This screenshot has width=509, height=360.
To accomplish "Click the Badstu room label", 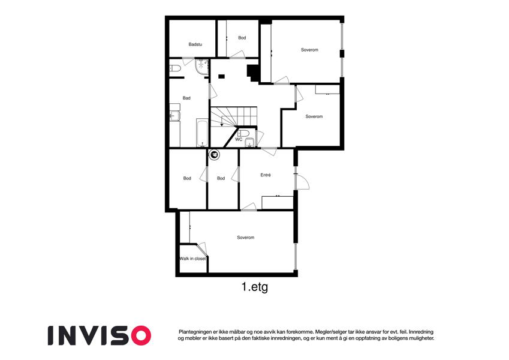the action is [x=195, y=44].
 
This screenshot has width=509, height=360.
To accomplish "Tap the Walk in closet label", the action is [x=193, y=259].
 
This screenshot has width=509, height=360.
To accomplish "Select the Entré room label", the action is [x=266, y=175].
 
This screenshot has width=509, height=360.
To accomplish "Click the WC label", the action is [x=239, y=139].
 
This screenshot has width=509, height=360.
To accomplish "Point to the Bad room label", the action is [x=186, y=98].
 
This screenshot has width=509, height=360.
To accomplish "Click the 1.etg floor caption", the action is [x=255, y=287].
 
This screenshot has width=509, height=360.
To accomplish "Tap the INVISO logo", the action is [x=100, y=335].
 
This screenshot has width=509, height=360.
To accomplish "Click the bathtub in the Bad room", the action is [x=202, y=133].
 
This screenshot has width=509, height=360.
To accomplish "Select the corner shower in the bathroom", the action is [x=202, y=67].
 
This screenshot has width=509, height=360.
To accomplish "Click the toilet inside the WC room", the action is [x=243, y=133].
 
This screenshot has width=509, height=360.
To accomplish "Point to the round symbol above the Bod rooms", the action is [x=214, y=155].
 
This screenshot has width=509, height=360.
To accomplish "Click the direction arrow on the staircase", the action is [x=221, y=124].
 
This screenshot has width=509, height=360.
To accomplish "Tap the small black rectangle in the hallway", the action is [x=221, y=76].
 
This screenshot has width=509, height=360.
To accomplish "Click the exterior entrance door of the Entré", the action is [x=302, y=182].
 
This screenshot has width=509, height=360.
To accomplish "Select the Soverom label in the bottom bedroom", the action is [x=245, y=238].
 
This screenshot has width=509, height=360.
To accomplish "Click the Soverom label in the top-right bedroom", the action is [x=309, y=50].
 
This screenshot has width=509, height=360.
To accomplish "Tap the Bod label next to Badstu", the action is [x=242, y=38].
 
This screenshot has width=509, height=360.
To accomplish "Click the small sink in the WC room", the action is [x=250, y=142].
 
